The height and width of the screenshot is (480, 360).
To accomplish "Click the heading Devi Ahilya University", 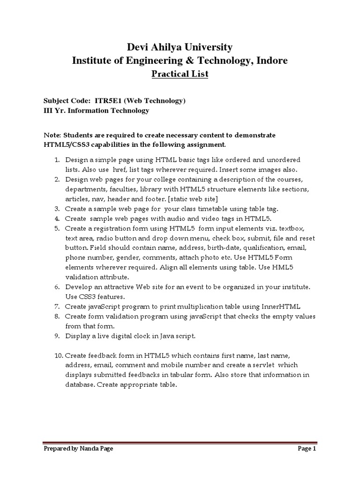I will point(180,47).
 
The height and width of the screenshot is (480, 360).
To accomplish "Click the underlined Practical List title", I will point(180,74).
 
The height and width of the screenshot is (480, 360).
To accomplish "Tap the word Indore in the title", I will point(273,60).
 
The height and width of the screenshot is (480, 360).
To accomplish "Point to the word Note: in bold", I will point(52,135).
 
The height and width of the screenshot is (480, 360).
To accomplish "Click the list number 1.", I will point(56,160).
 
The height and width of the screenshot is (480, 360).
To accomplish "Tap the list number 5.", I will point(56,228).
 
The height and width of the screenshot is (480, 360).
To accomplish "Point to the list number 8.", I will point(56,316).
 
